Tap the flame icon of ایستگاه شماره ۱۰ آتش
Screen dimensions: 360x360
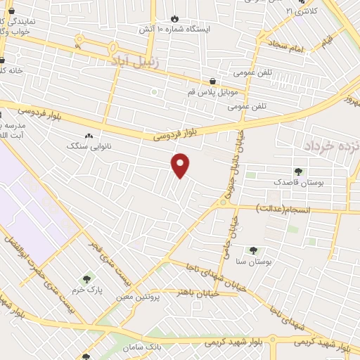click(175, 19)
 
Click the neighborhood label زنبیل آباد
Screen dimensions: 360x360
click(138, 61)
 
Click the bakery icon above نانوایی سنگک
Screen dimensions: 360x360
click(89, 136)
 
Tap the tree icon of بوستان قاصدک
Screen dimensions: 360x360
click(299, 171)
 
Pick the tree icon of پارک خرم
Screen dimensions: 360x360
click(87, 279)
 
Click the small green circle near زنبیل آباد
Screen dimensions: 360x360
click(154, 92)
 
